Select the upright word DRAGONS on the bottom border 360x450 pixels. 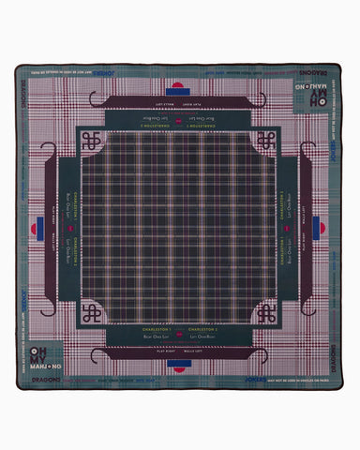(x=43, y=380)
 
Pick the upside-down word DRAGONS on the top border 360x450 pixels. (x=316, y=70)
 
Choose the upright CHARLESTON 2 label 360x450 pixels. (x=208, y=330)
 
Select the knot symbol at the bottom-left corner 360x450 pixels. (x=91, y=313)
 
